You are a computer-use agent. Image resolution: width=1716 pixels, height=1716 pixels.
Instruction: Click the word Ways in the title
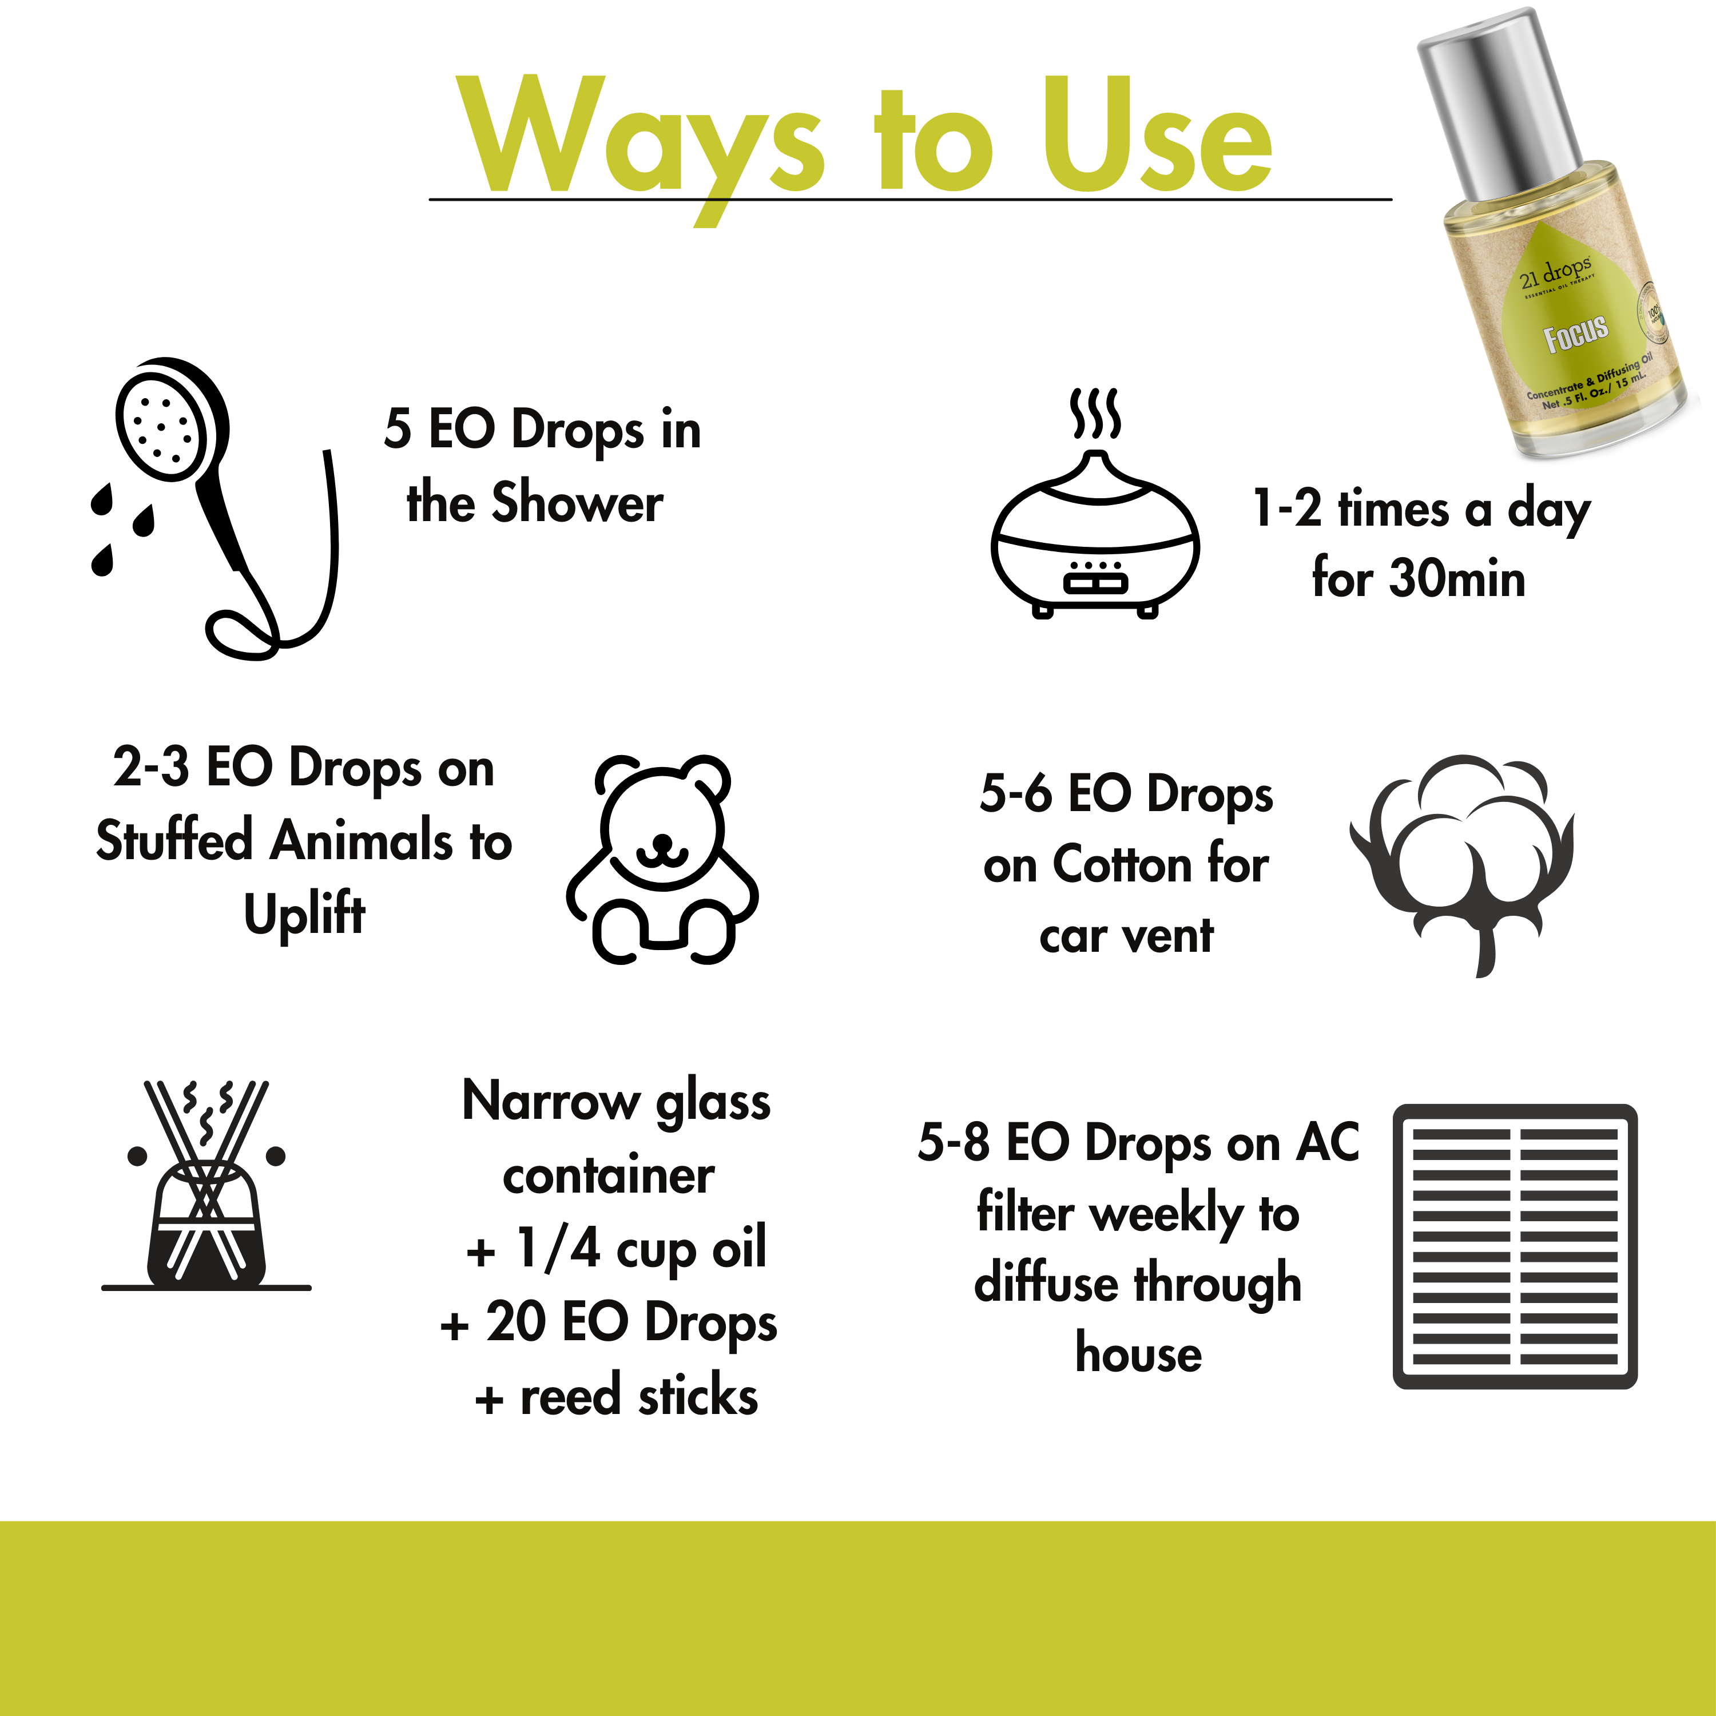(x=639, y=138)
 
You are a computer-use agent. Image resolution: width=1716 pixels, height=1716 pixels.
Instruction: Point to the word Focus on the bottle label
(x=1576, y=334)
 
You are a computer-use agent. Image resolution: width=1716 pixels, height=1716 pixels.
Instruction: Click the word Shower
(x=577, y=503)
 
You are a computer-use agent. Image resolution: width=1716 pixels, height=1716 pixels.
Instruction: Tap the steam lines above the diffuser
(x=1095, y=413)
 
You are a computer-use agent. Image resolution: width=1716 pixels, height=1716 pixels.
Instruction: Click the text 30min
(x=1457, y=579)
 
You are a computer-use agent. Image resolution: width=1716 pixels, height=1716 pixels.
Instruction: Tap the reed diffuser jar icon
(x=206, y=1226)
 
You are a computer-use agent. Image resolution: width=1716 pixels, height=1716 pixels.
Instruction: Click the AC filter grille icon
(x=1515, y=1246)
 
